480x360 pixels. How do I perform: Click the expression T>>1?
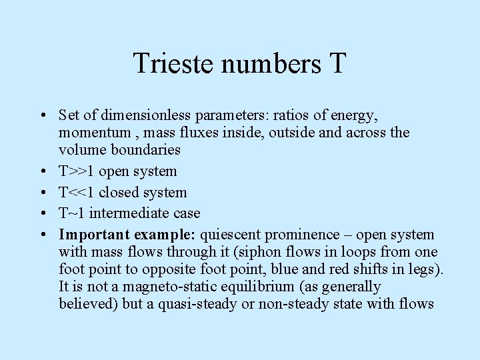pos(77,171)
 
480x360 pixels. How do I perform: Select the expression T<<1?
pos(77,193)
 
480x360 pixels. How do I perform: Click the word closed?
pos(119,193)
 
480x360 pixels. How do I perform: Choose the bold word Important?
pos(94,235)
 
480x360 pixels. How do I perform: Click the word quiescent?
pos(230,235)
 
